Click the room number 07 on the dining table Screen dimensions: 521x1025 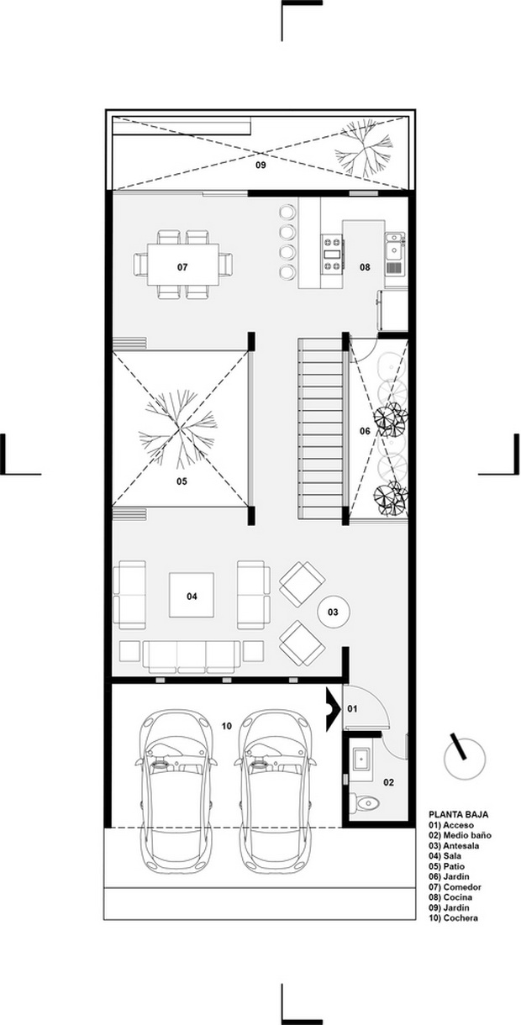point(182,267)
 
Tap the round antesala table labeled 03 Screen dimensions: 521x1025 point(333,612)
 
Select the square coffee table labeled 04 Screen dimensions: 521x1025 point(192,595)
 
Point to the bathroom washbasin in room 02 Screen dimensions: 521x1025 point(360,760)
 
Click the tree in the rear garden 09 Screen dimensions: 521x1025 point(364,149)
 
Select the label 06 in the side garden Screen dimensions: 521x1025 point(365,431)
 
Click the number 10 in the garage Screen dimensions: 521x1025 point(227,726)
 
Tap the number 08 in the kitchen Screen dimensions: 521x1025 point(365,267)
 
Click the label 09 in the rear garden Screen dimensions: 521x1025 point(260,165)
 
